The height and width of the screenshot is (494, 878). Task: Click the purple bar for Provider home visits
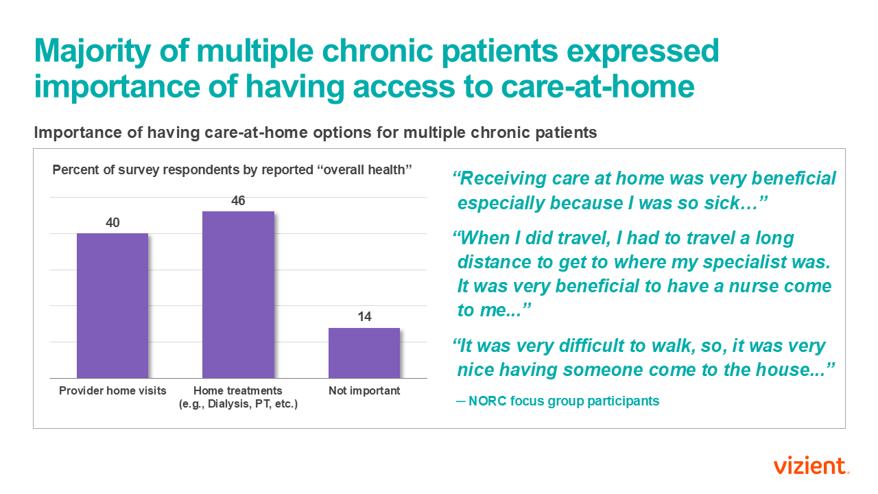click(x=112, y=305)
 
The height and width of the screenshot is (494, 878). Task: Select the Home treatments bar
click(x=238, y=294)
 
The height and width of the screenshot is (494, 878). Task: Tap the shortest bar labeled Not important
click(x=364, y=353)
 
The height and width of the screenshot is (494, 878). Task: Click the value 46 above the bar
click(x=238, y=201)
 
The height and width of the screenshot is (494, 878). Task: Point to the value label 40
click(x=112, y=223)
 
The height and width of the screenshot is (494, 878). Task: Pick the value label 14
click(x=364, y=317)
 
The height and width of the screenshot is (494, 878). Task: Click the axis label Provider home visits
click(x=112, y=391)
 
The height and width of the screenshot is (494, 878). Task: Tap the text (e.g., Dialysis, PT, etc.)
click(x=238, y=404)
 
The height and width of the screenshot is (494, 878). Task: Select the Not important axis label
click(x=364, y=391)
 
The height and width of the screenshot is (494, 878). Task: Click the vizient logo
click(x=811, y=466)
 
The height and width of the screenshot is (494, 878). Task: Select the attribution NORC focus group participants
click(x=563, y=401)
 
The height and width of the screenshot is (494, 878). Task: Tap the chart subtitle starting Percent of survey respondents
click(x=232, y=169)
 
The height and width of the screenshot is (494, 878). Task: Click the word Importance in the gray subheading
click(x=82, y=133)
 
